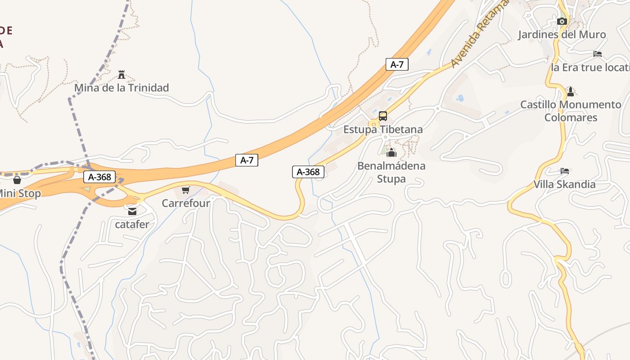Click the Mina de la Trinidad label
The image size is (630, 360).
121,88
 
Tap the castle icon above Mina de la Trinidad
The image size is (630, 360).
121,74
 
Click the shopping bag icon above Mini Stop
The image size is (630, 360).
17,180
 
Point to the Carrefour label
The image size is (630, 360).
186,203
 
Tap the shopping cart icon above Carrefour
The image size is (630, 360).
186,190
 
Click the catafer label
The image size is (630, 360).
132,224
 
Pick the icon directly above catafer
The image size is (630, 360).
132,211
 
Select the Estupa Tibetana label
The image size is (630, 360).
383,130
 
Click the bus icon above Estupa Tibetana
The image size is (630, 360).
383,116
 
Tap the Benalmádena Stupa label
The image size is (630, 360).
391,172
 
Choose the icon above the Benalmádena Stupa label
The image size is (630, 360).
391,153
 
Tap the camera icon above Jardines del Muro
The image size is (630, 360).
561,21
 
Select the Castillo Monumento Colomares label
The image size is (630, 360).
571,111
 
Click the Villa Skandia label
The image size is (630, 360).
564,184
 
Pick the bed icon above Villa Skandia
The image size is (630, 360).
565,171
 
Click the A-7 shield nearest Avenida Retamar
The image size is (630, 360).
397,64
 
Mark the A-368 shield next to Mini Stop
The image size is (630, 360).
99,177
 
